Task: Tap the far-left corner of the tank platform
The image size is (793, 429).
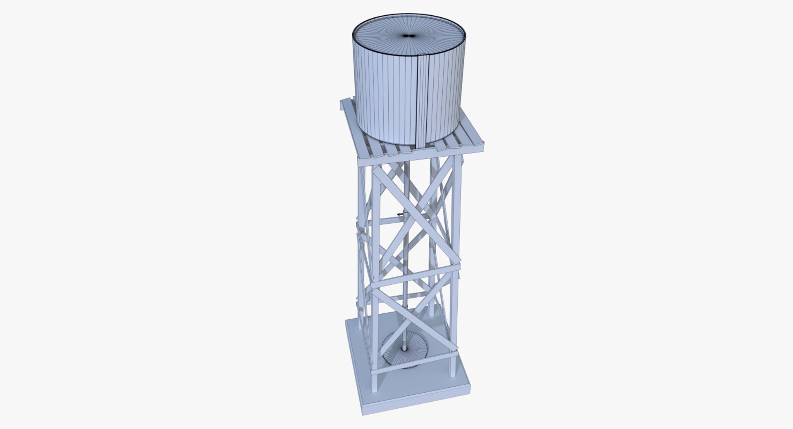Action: click(341, 101)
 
